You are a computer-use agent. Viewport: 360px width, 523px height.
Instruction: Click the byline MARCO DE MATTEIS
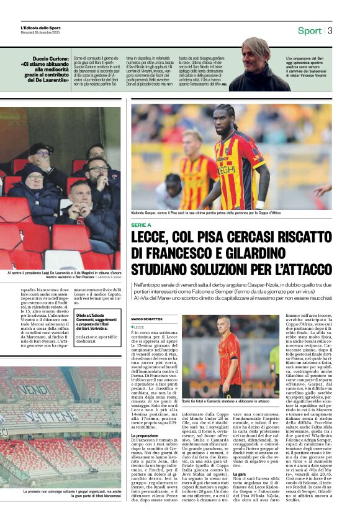(146, 319)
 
